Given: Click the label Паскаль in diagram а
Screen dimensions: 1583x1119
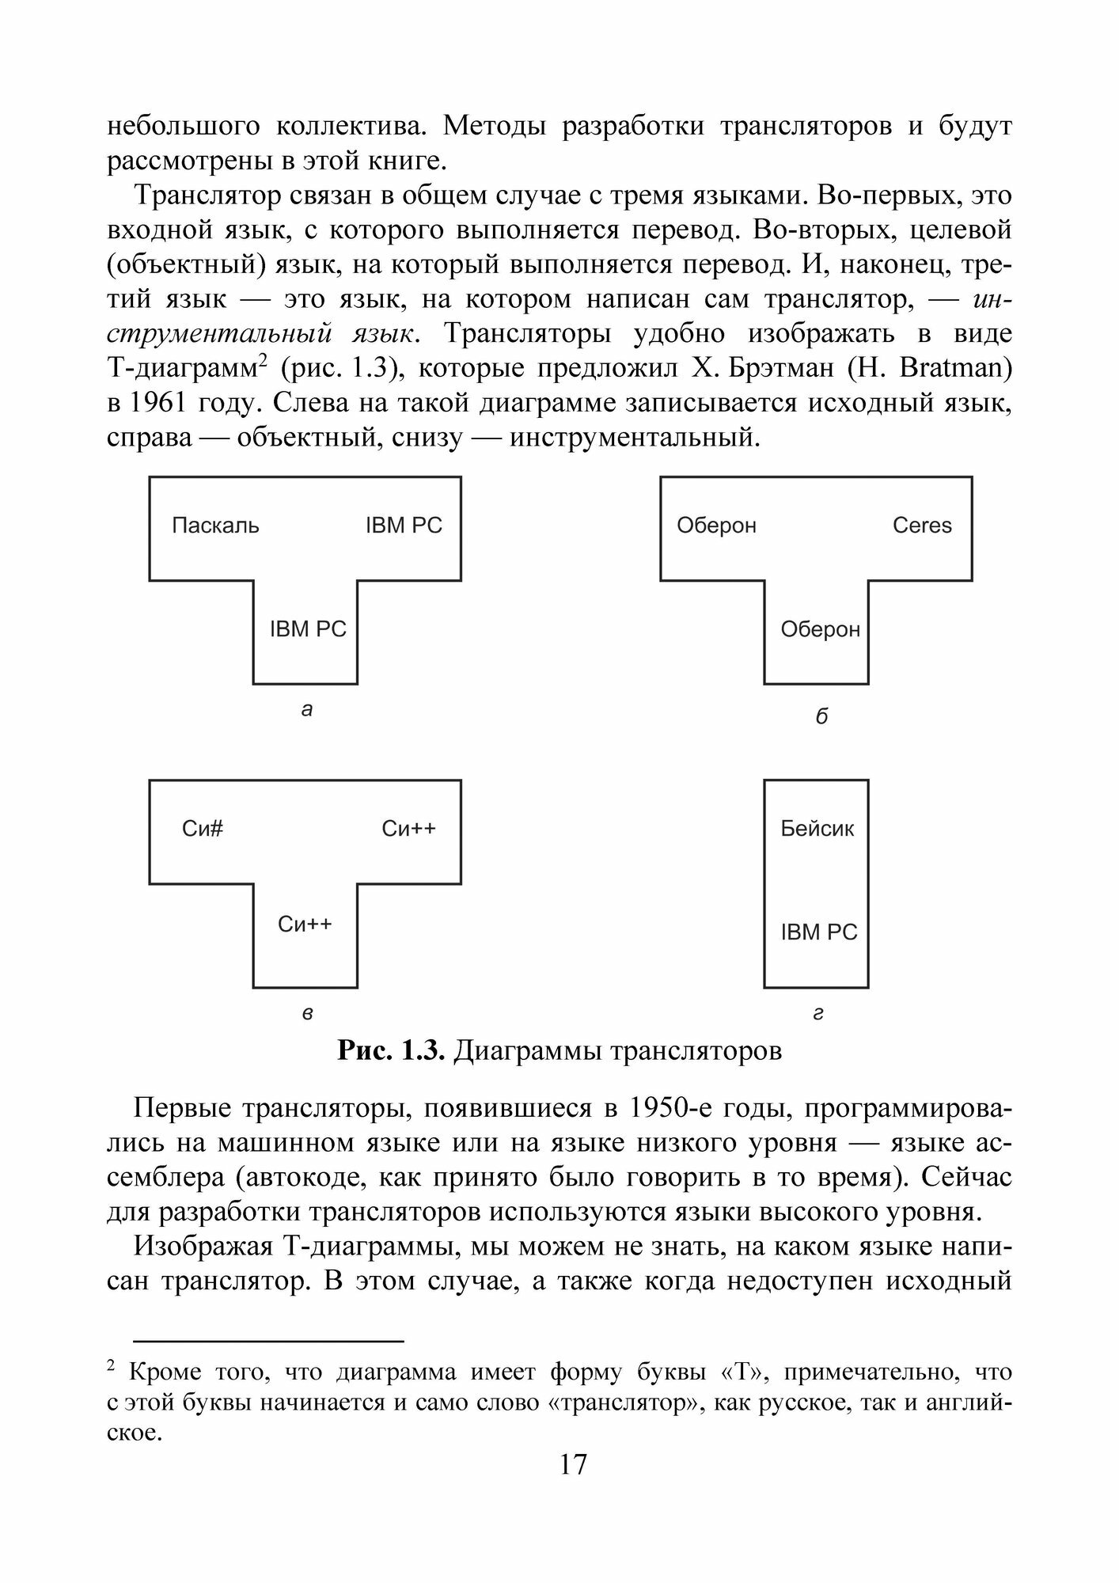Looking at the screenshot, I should click(215, 526).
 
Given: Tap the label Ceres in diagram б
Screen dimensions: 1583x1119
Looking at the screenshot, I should click(922, 526).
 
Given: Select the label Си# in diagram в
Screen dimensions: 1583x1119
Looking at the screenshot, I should click(203, 829).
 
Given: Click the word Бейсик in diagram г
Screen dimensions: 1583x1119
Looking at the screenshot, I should click(817, 829).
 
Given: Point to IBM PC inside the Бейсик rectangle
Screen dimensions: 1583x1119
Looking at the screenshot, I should click(819, 932).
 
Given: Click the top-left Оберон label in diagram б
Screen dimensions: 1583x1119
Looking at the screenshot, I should click(716, 526).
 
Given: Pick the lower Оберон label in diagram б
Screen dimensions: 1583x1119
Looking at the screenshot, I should click(820, 629).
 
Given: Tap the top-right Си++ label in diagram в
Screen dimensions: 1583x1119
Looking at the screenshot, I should click(408, 829).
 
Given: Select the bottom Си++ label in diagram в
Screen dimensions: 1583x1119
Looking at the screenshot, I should click(305, 924).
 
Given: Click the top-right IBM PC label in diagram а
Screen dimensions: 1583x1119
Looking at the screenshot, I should click(404, 526).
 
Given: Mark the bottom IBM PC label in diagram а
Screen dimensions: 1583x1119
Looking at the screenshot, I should click(308, 629).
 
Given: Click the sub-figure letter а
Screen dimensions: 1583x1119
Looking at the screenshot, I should click(307, 710).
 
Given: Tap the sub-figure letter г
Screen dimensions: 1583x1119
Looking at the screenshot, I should click(818, 1014).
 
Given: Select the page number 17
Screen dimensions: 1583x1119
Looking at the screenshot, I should click(573, 1464).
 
